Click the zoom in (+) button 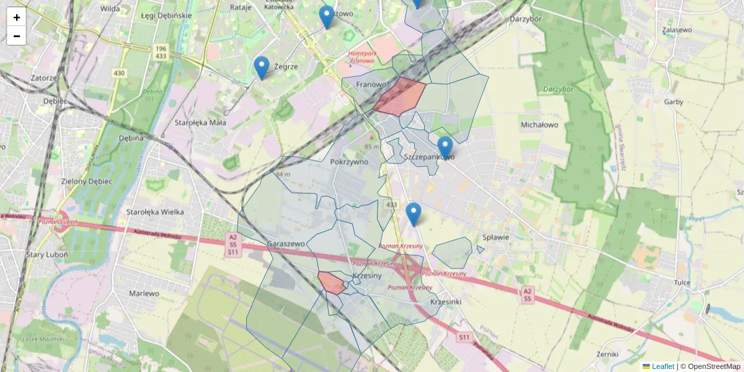17,17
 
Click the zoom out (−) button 17,36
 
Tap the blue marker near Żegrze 262,67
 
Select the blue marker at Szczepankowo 445,147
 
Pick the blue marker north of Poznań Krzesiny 414,213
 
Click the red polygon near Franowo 400,97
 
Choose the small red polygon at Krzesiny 332,283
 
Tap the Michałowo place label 539,125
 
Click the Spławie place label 495,237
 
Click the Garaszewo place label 286,244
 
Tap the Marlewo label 145,293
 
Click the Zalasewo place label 676,29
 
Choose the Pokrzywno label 350,162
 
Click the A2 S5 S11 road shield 232,244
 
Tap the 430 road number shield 119,73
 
